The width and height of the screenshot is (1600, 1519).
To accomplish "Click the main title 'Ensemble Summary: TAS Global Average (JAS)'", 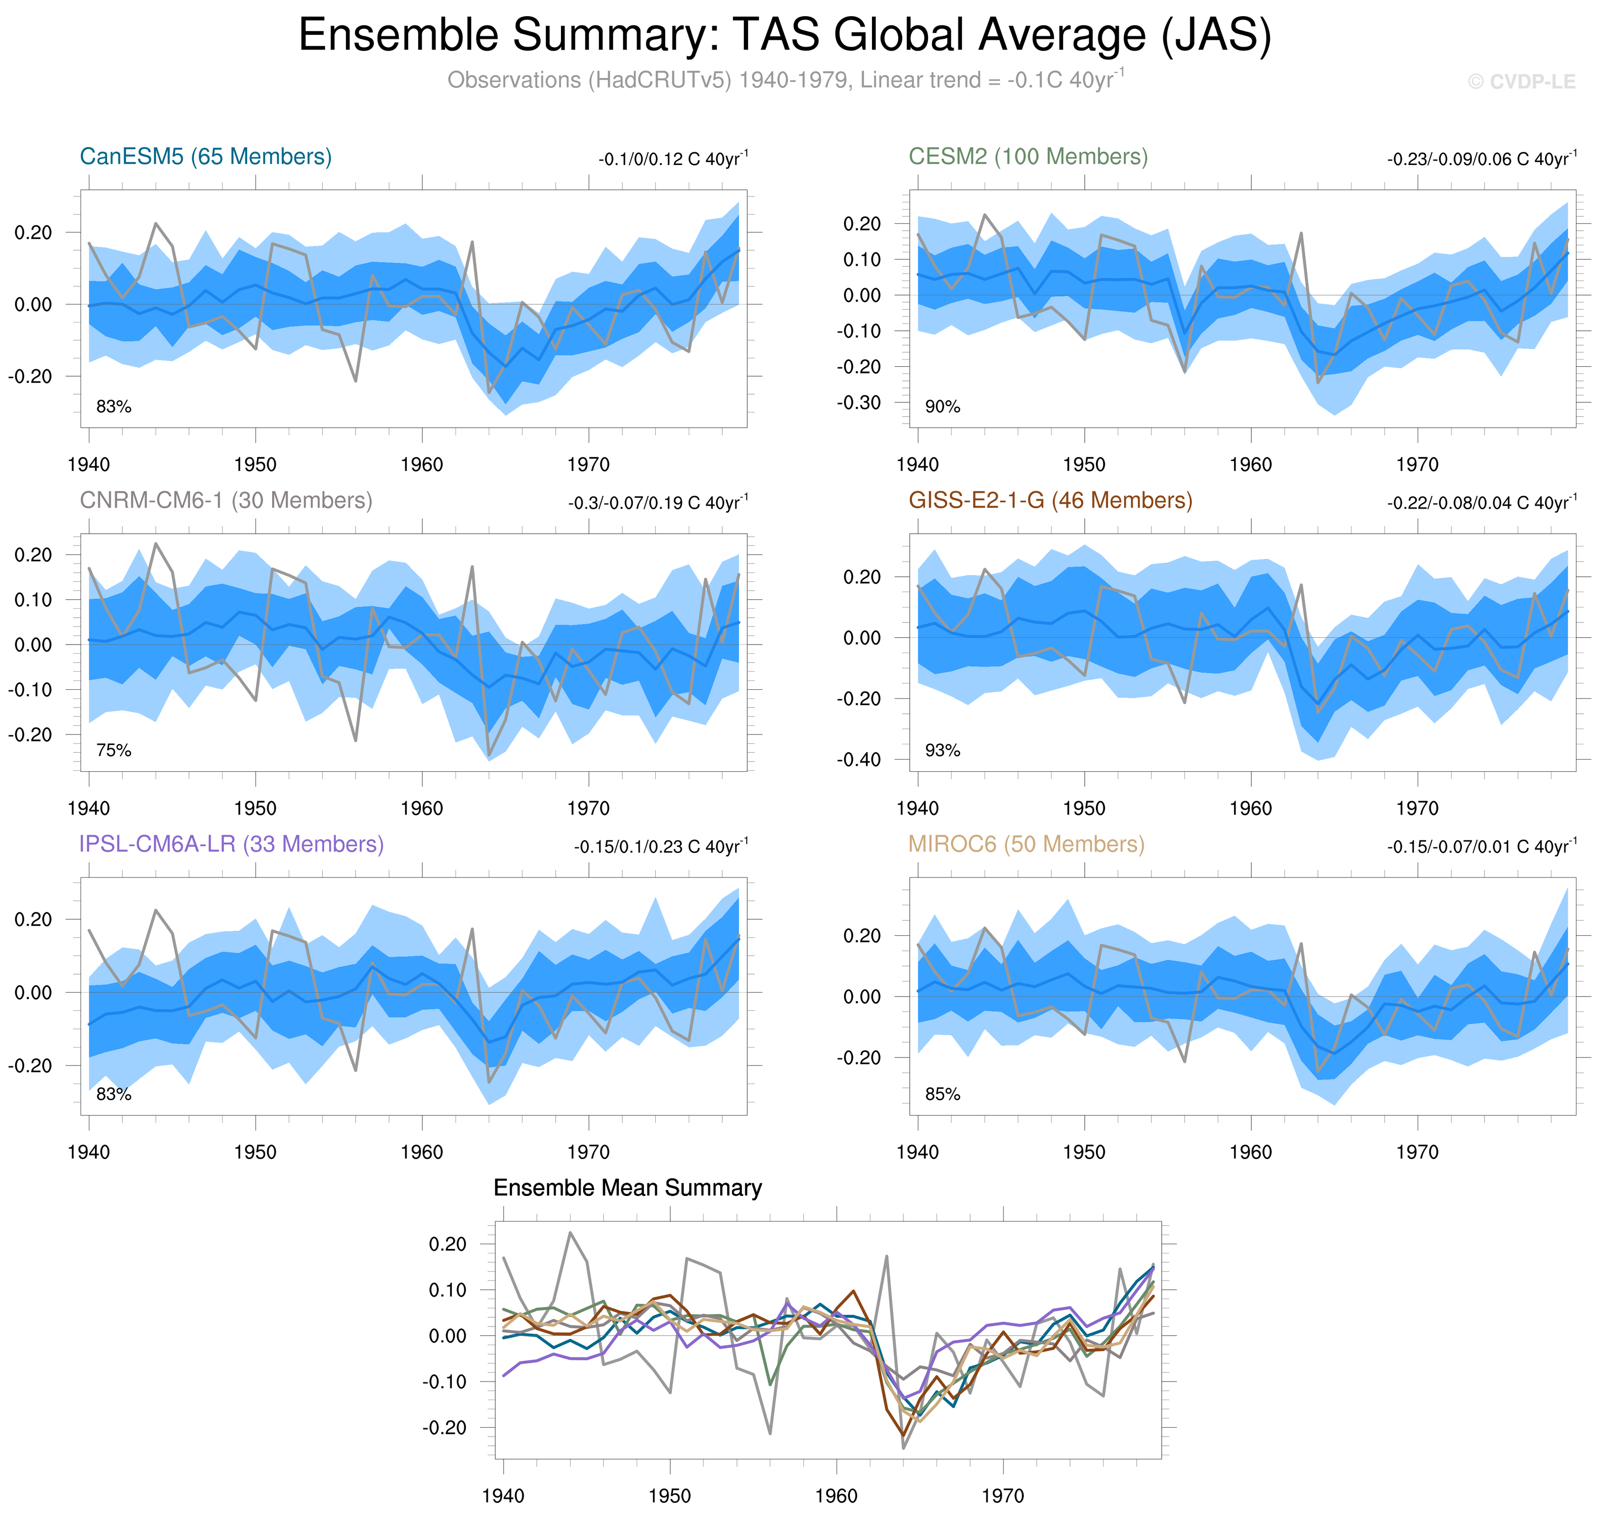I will click(784, 36).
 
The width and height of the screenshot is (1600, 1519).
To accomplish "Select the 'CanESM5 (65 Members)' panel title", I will click(206, 156).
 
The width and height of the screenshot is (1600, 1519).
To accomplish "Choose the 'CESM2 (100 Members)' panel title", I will click(1027, 156).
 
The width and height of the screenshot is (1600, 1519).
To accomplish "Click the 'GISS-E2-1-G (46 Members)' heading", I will click(1050, 500).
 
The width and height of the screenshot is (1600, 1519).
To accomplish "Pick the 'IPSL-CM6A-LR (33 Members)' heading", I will click(231, 844).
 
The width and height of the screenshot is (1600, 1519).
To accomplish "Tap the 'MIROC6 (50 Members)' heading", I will click(1026, 844).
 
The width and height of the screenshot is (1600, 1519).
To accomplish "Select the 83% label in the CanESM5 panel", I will click(113, 407).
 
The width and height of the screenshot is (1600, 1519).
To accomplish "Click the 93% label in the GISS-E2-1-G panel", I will click(942, 751).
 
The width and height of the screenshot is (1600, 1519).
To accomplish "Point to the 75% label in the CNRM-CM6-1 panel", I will click(113, 751).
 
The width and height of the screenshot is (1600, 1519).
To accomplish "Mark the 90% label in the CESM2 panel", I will click(942, 407).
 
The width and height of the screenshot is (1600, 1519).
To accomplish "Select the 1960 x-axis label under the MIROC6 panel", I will click(1250, 1152).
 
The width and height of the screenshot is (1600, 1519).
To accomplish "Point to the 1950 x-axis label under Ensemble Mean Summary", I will click(669, 1495).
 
